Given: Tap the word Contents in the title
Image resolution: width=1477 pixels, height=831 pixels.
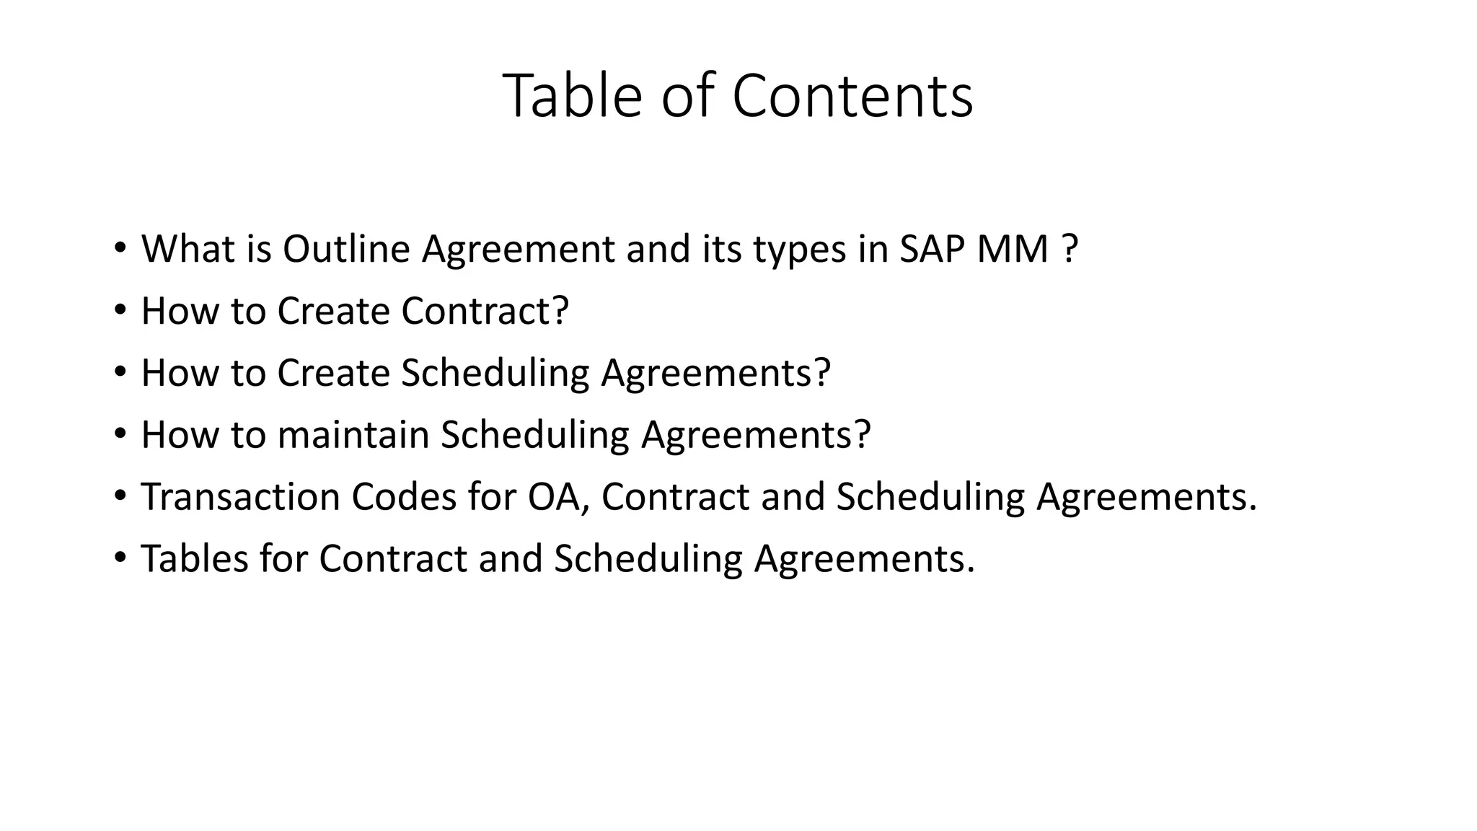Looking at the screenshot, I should pyautogui.click(x=852, y=96).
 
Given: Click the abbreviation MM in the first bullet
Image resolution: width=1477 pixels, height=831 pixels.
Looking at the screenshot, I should pyautogui.click(x=1013, y=249).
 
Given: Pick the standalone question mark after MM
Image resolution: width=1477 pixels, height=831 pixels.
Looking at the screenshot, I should pyautogui.click(x=1070, y=249).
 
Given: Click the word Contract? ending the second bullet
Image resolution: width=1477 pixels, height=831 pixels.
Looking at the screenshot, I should pyautogui.click(x=485, y=311).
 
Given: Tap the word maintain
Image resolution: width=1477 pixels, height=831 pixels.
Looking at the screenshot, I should pyautogui.click(x=353, y=435).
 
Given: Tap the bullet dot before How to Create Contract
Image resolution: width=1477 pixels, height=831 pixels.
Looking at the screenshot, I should pyautogui.click(x=120, y=311).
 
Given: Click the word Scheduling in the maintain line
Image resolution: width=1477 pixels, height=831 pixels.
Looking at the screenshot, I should pyautogui.click(x=535, y=436).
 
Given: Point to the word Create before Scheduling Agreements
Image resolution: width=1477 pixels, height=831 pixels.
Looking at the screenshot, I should pyautogui.click(x=333, y=373).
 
